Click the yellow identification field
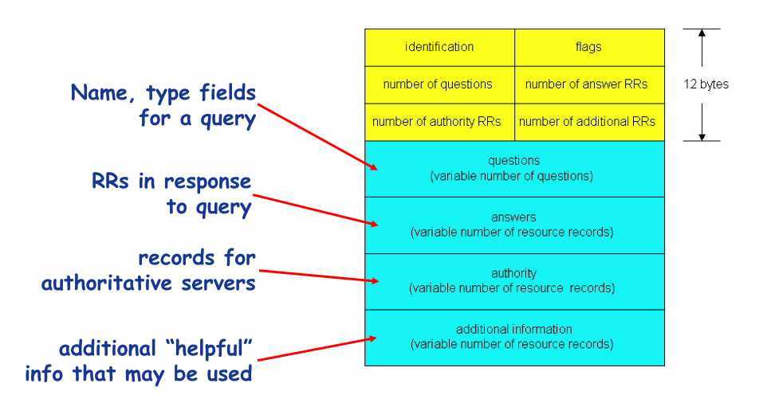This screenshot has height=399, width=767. (439, 47)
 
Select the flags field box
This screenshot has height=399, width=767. (589, 47)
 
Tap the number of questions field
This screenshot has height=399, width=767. (439, 84)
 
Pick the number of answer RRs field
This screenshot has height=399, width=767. (589, 84)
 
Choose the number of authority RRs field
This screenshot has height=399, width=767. (439, 122)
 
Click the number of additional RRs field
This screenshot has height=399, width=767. (589, 122)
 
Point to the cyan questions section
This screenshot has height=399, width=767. (514, 168)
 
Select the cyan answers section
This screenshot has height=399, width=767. (514, 225)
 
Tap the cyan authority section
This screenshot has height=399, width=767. (514, 280)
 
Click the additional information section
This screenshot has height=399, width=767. (514, 337)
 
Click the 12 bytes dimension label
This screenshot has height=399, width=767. (706, 84)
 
